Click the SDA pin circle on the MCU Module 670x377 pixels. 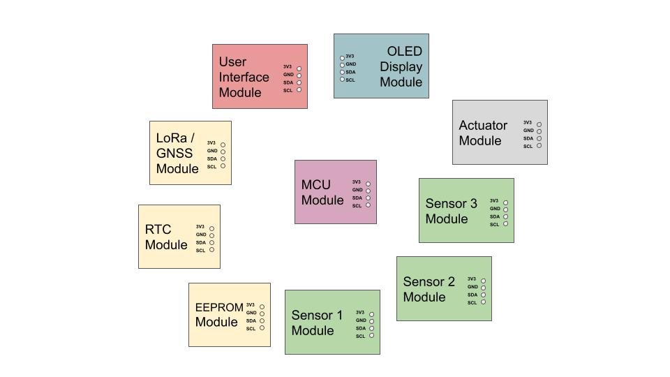(x=368, y=198)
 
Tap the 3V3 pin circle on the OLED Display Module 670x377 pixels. (x=342, y=58)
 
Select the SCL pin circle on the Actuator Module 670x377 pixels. (x=539, y=146)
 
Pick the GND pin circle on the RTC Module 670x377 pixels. (x=212, y=235)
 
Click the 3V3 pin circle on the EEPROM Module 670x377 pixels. (x=262, y=306)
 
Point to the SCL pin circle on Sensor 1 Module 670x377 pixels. (x=371, y=336)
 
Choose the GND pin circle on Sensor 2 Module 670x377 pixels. (x=483, y=288)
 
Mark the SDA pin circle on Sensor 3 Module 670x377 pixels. (x=505, y=216)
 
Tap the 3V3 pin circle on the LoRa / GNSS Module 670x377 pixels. (x=223, y=145)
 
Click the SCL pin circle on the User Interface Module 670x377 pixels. (x=299, y=90)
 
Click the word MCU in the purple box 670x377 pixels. (x=315, y=185)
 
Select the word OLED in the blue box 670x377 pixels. (x=405, y=52)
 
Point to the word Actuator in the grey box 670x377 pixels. (x=483, y=126)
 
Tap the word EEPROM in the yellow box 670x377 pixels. (x=219, y=307)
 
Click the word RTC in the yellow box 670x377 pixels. (x=158, y=230)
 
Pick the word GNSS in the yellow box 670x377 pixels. (x=174, y=154)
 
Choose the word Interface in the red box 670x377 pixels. (x=244, y=77)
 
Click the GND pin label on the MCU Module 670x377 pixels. (x=357, y=190)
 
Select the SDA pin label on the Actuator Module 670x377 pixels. (x=528, y=138)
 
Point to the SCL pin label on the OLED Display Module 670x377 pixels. (x=350, y=80)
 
